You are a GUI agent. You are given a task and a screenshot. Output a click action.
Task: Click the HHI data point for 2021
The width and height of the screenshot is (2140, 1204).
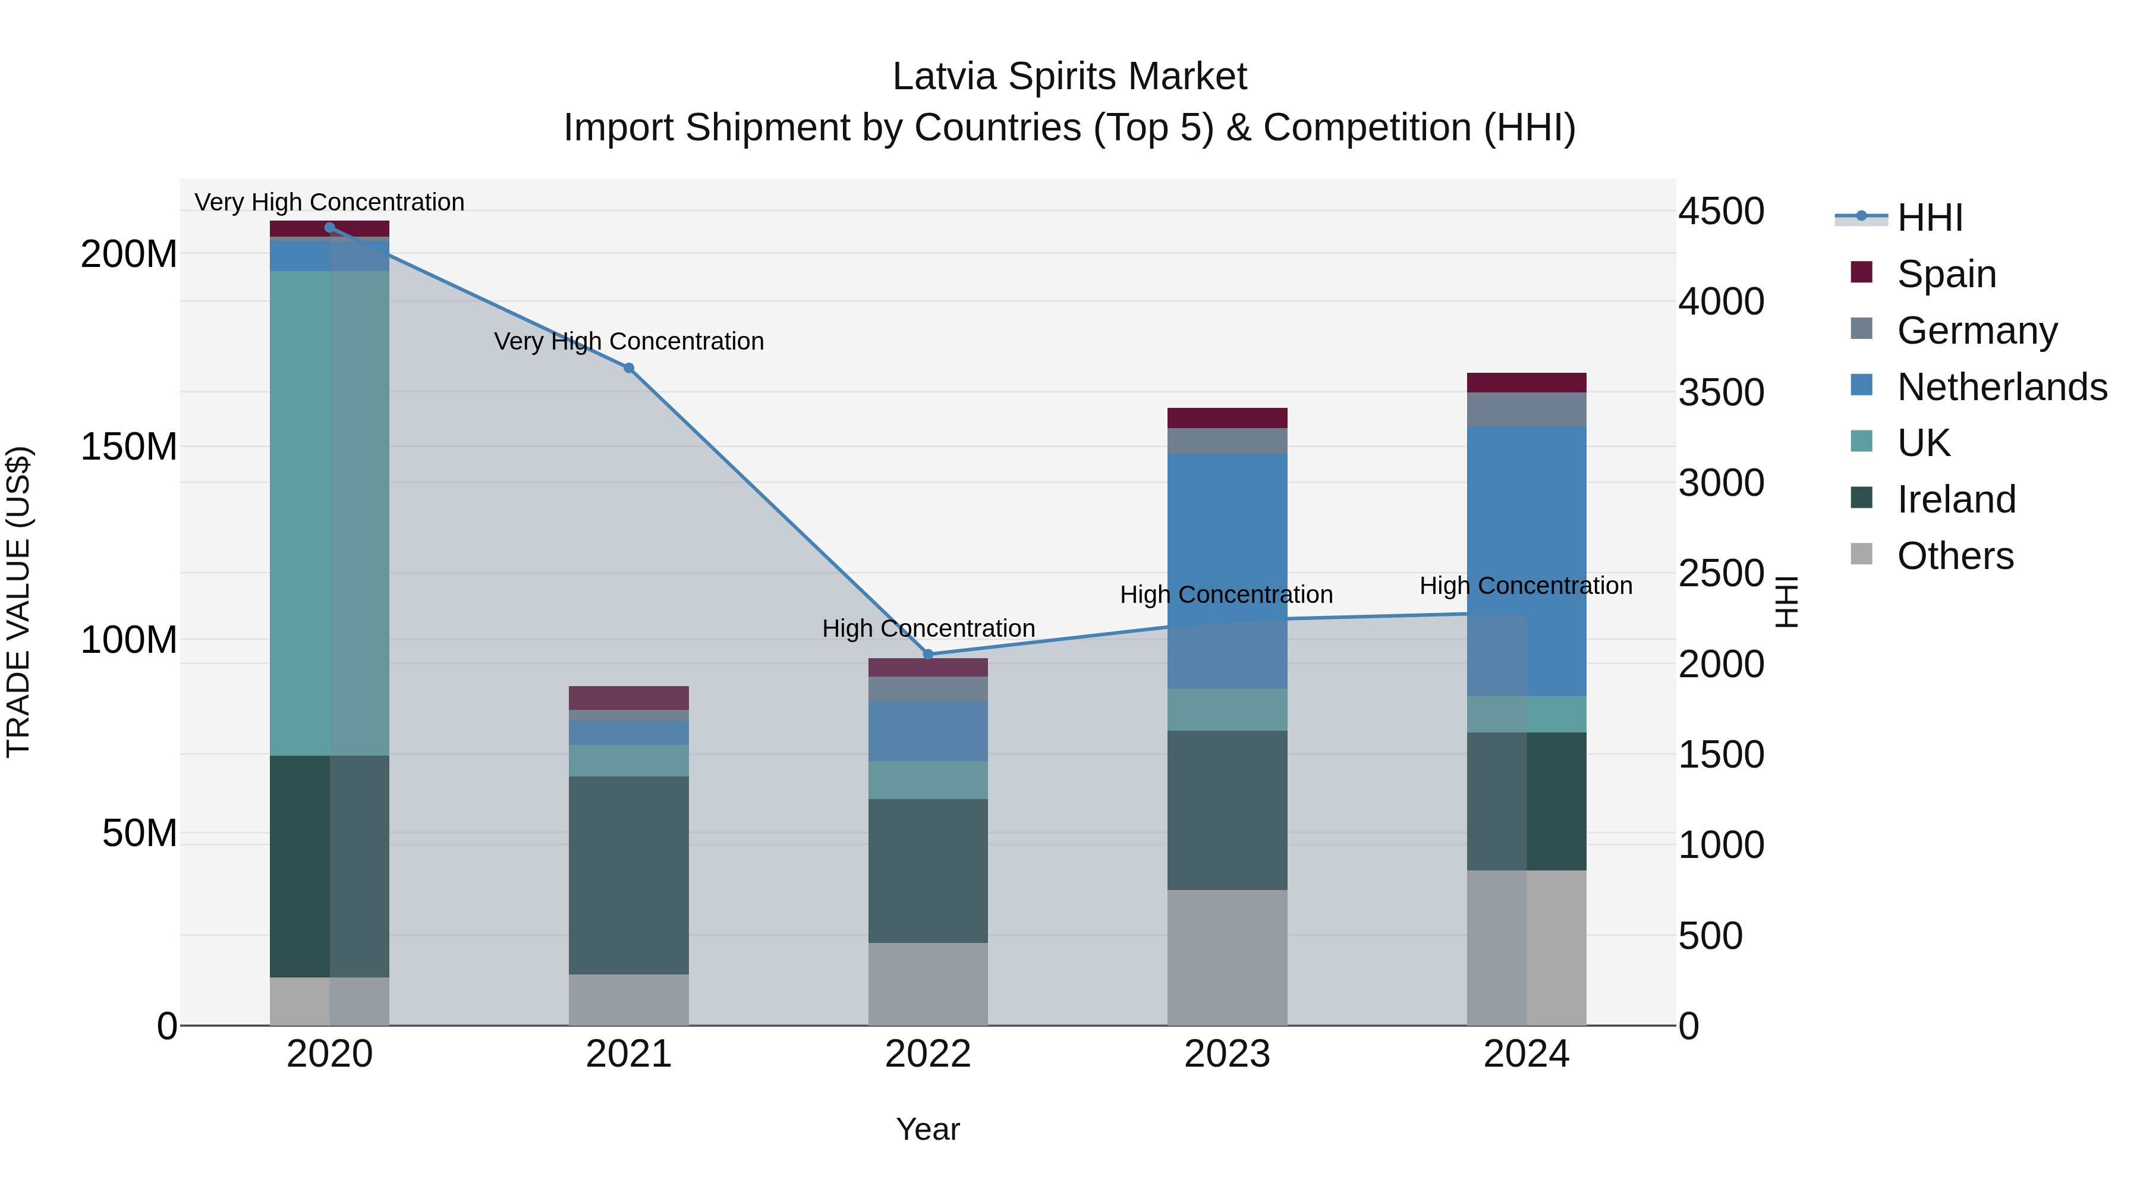pos(629,368)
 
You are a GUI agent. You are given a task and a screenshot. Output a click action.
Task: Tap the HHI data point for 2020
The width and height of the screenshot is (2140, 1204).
pos(330,228)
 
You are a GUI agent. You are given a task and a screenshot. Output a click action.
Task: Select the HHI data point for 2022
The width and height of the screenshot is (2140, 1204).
pos(928,654)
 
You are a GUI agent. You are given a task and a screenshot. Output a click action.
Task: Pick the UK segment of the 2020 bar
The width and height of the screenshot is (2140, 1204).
pos(330,513)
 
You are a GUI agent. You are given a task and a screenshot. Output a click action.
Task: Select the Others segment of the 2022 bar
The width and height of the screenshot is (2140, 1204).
pos(928,984)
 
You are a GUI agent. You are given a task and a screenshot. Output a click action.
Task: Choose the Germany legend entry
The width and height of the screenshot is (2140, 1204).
pos(1977,331)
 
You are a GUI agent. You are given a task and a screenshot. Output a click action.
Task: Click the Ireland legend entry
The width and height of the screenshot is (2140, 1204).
pos(1956,499)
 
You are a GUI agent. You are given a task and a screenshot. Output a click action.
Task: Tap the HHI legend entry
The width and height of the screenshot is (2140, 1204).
pos(1929,218)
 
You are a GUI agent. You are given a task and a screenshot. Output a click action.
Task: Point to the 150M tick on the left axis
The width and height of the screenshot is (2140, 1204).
pos(129,447)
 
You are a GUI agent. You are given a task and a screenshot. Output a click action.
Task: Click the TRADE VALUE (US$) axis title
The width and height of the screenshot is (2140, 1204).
pos(18,602)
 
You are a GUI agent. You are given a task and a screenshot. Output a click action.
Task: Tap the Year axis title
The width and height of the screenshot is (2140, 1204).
pos(928,1129)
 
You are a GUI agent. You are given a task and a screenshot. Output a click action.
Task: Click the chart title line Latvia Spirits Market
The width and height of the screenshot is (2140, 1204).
pos(1069,77)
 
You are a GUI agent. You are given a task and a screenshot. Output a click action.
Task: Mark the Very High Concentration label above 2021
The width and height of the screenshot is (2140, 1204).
pos(629,341)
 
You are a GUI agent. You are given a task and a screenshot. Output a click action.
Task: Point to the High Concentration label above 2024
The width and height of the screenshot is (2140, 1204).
pos(1526,586)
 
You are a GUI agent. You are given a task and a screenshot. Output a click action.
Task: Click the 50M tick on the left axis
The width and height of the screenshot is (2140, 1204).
pos(140,834)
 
